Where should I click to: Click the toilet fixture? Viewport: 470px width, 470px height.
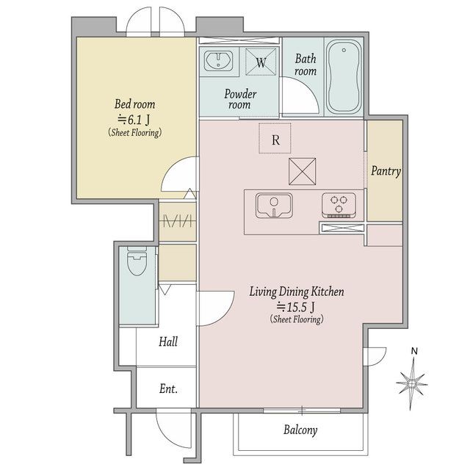(137, 261)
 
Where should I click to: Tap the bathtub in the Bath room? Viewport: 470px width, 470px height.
(344, 76)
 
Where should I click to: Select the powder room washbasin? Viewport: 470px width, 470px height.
(218, 61)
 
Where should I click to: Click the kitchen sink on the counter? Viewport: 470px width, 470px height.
(274, 206)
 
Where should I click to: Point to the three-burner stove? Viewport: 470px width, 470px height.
(339, 205)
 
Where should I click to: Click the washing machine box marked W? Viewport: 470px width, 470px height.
(261, 62)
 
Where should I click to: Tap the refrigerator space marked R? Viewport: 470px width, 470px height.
(275, 138)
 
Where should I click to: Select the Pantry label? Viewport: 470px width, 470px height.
(386, 171)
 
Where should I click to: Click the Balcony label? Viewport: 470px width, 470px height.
(300, 430)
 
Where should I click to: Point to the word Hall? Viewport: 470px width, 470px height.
(168, 341)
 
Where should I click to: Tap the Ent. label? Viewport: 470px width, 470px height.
(168, 388)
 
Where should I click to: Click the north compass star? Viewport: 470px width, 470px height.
(412, 383)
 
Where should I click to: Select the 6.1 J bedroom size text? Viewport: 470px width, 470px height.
(134, 120)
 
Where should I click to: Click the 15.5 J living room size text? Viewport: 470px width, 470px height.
(296, 307)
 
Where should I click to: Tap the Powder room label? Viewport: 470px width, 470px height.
(240, 99)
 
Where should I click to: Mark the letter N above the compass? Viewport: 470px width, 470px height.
(414, 351)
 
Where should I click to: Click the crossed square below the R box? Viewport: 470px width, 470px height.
(302, 171)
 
